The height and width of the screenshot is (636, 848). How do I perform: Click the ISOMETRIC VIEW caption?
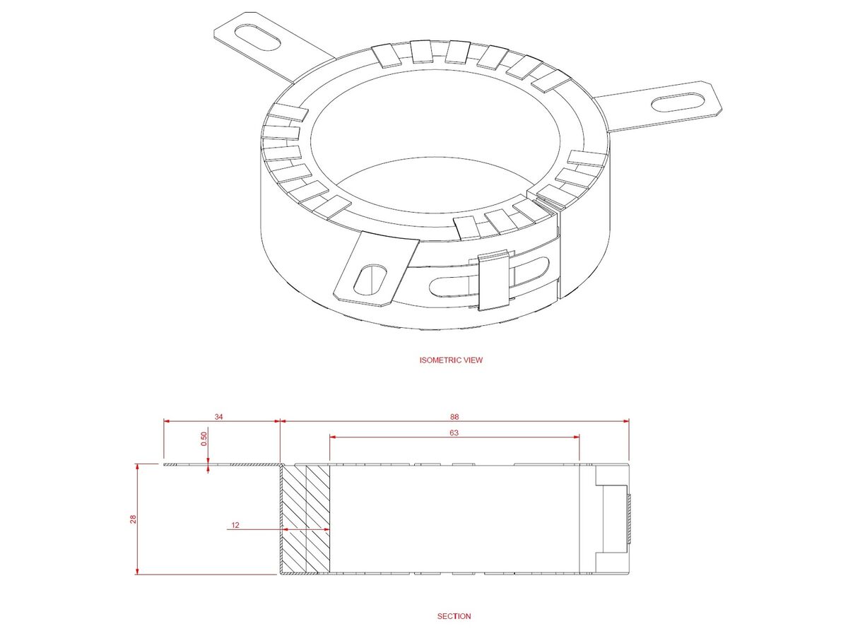(x=451, y=360)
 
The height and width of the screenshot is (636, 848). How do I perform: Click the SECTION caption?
(x=454, y=616)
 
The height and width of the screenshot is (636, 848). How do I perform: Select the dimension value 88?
(x=454, y=416)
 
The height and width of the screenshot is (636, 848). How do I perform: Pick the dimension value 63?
(x=454, y=432)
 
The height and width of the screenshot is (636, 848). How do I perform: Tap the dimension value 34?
(x=219, y=416)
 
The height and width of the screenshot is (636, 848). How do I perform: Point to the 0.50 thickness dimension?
(x=204, y=439)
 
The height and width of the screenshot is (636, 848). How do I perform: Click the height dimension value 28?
(x=132, y=519)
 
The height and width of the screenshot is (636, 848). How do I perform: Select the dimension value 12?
(x=235, y=525)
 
